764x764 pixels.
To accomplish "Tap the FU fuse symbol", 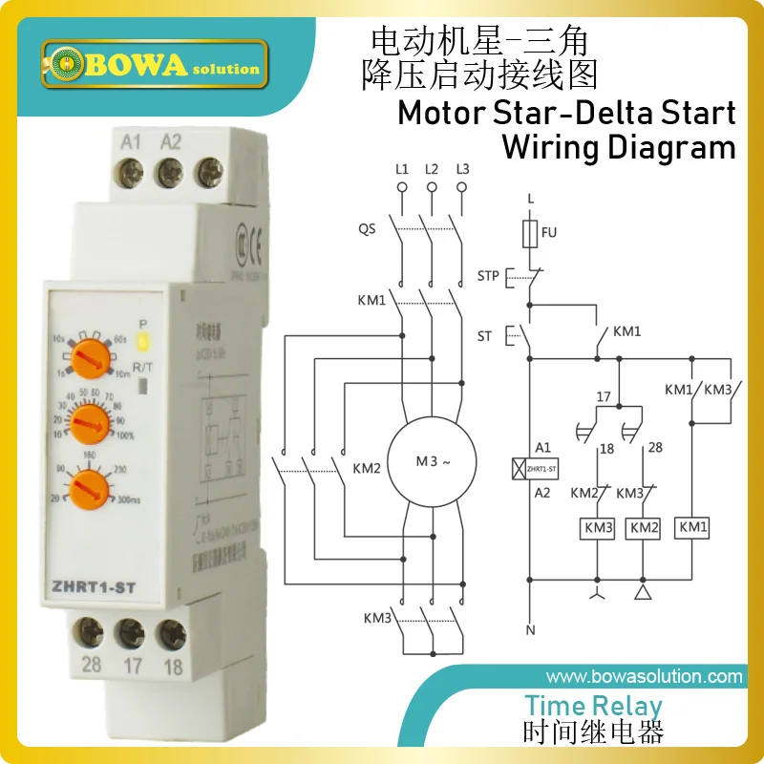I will (530, 232).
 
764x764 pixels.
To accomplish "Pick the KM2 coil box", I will (644, 527).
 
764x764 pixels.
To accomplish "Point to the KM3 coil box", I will (598, 527).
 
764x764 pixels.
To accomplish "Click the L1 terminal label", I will (402, 169).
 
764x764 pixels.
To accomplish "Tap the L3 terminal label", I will (462, 169).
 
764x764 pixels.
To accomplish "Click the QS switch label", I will (368, 229).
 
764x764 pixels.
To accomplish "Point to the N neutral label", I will (530, 630).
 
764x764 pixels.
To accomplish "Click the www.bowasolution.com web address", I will (645, 676).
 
